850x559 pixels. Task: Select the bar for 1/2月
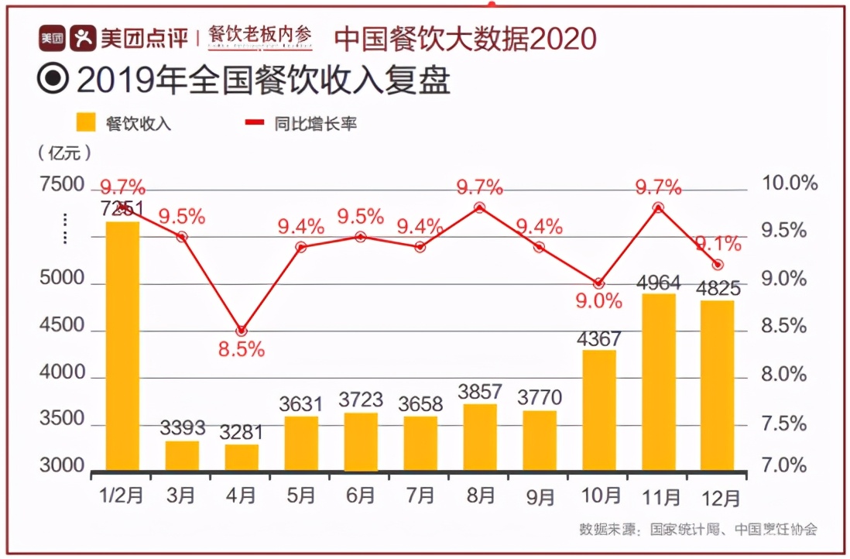pyautogui.click(x=122, y=345)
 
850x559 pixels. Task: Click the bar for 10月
pyautogui.click(x=599, y=410)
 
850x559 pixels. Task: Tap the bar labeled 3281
pyautogui.click(x=242, y=457)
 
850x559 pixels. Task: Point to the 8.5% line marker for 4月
pyautogui.click(x=242, y=331)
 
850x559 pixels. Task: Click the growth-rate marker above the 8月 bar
pyautogui.click(x=479, y=207)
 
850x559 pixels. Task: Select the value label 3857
pyautogui.click(x=479, y=391)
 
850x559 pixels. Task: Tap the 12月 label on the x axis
pyautogui.click(x=718, y=495)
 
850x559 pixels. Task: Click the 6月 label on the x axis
pyautogui.click(x=360, y=495)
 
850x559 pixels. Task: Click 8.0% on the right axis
pyautogui.click(x=784, y=375)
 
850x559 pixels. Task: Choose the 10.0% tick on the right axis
pyautogui.click(x=789, y=183)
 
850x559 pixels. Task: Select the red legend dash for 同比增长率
pyautogui.click(x=254, y=122)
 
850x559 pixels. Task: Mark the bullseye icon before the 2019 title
pyautogui.click(x=54, y=79)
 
